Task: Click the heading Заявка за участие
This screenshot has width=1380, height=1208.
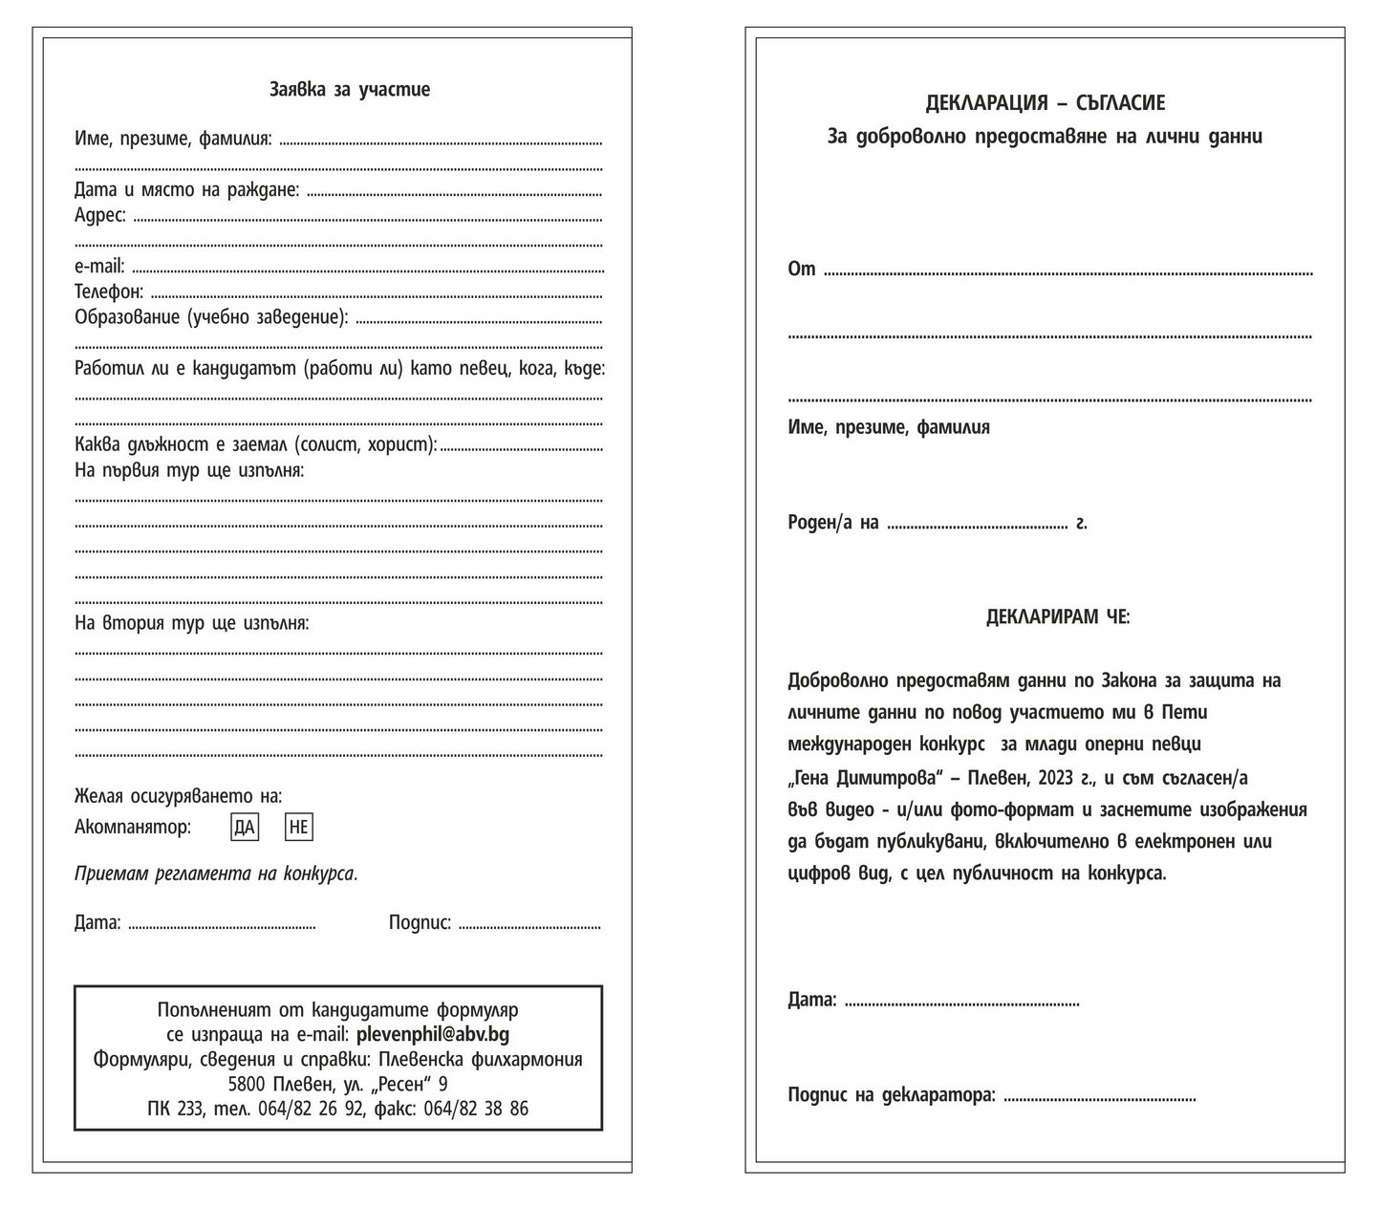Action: pos(350,90)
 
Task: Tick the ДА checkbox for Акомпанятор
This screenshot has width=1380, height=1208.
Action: pos(245,828)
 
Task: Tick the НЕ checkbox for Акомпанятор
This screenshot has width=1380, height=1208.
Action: pos(299,828)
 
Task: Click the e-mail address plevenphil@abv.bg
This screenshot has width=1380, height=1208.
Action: pos(432,1034)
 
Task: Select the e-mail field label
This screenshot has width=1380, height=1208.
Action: pos(99,267)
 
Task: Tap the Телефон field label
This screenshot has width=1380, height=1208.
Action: pos(109,291)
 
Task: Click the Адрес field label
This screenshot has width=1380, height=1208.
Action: pos(100,216)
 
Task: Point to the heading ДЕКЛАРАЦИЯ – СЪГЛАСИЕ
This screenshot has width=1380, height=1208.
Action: pos(1045,103)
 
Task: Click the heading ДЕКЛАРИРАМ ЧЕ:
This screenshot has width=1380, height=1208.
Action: pos(1057,617)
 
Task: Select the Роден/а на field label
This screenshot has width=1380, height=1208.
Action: pos(832,523)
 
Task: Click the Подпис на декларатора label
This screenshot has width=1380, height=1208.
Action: pos(891,1095)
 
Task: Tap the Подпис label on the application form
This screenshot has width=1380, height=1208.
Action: pos(420,923)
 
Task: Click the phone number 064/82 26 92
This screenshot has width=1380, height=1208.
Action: pos(311,1109)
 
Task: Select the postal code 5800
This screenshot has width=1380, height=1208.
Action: pos(248,1084)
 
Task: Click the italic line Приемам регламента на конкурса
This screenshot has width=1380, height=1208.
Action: pos(216,874)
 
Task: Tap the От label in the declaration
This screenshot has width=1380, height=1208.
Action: pos(801,270)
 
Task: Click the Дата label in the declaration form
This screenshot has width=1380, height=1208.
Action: pos(811,1001)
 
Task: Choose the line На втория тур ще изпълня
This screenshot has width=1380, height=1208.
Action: pos(191,624)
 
